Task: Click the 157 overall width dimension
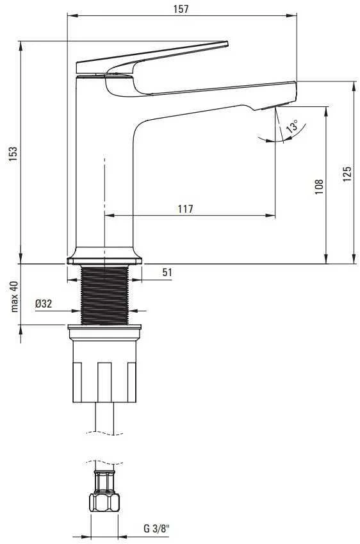click(x=181, y=9)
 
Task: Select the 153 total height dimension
click(x=13, y=154)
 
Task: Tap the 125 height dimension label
click(x=347, y=174)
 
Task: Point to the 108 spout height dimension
click(x=319, y=186)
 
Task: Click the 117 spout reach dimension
click(x=186, y=209)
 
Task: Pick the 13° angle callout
click(x=292, y=126)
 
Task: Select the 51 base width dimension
click(x=167, y=272)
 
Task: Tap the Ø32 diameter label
click(x=44, y=304)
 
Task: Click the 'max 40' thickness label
click(x=14, y=296)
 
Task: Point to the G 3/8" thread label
click(x=156, y=529)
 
